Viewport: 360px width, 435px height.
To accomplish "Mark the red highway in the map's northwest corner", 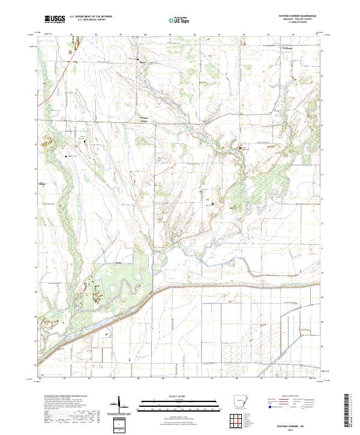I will point(48,90).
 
